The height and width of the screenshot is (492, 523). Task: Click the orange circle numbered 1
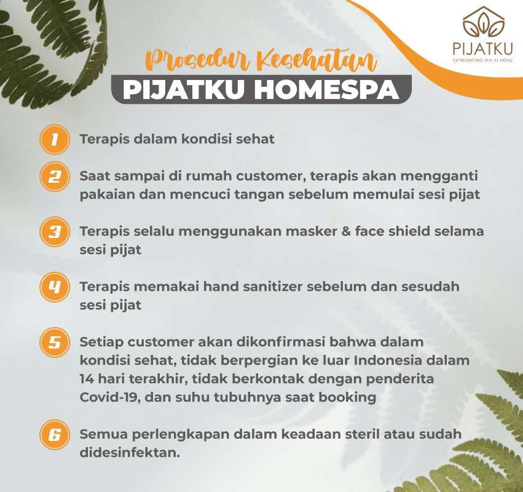pos(55,139)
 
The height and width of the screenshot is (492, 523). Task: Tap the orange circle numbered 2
pos(55,177)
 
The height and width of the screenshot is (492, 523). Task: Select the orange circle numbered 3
pos(55,232)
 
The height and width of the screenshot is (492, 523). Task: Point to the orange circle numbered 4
pos(55,287)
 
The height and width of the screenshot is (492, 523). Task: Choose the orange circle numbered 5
pos(55,343)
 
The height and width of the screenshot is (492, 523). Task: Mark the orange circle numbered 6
pos(55,435)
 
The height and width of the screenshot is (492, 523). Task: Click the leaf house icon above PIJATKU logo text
pos(483,22)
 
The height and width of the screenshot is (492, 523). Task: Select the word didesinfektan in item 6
pos(130,453)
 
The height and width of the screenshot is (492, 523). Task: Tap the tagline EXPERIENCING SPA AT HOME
pos(482,60)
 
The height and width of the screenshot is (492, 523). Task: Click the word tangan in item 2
pos(259,195)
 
